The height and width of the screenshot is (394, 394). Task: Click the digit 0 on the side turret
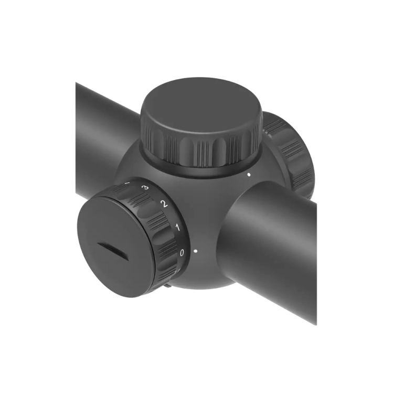click(182, 253)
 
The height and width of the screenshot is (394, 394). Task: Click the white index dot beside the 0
click(195, 251)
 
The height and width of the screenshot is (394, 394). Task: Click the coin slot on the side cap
click(112, 250)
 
